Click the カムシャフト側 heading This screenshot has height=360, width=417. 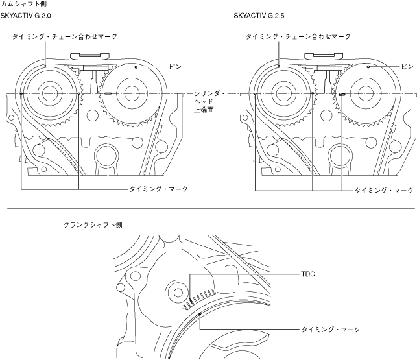pos(23,4)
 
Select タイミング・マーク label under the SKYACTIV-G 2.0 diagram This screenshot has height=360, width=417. pos(159,189)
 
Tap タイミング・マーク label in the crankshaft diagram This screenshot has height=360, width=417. pos(330,330)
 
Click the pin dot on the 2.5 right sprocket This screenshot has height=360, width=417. pos(368,66)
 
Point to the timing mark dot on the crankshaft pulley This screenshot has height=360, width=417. pos(201,315)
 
